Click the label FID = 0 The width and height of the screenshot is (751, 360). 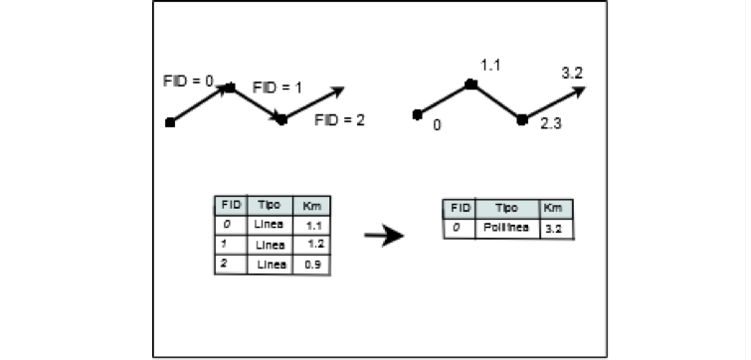(x=188, y=80)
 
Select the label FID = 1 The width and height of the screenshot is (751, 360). (x=278, y=88)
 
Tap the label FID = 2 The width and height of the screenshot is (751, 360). (x=339, y=120)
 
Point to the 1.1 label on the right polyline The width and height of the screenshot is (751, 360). (x=490, y=66)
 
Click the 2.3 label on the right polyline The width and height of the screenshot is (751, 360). (x=552, y=126)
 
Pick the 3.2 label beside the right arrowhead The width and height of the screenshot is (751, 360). (x=572, y=73)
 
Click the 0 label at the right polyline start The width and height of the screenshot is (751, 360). (x=437, y=126)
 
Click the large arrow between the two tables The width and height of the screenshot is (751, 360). (x=383, y=236)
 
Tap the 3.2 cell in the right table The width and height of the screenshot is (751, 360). (x=554, y=228)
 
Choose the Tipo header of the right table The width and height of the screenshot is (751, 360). (x=507, y=209)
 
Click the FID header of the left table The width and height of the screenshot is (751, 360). (x=230, y=206)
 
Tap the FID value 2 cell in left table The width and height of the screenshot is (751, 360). (x=227, y=264)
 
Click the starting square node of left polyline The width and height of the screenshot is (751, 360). (x=170, y=122)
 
